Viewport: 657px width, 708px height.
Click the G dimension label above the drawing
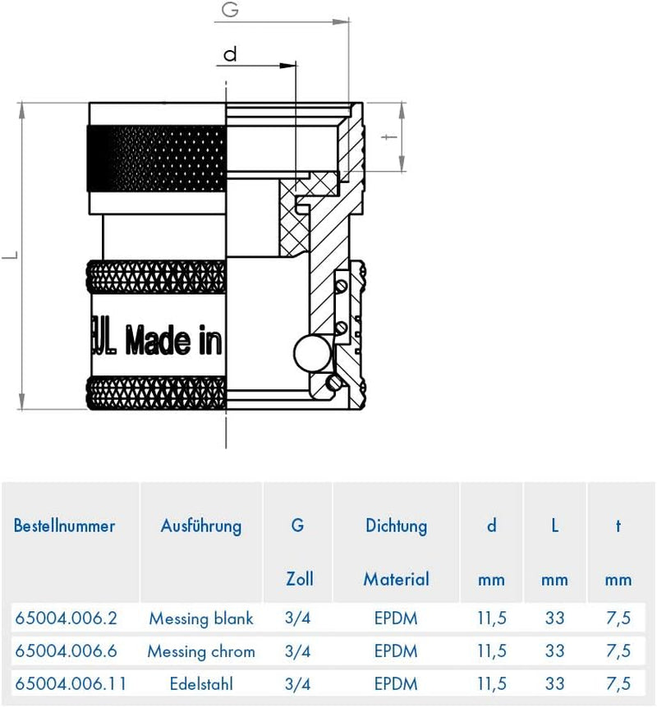pyautogui.click(x=231, y=12)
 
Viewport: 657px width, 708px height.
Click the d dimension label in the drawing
pyautogui.click(x=230, y=54)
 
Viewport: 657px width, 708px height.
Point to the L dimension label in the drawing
pyautogui.click(x=9, y=257)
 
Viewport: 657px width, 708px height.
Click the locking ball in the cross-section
pyautogui.click(x=310, y=354)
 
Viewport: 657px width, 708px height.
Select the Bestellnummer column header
pyautogui.click(x=64, y=526)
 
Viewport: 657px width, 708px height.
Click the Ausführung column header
pyautogui.click(x=201, y=526)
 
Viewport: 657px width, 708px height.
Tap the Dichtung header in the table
pyautogui.click(x=396, y=526)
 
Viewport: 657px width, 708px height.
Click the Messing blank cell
pyautogui.click(x=201, y=618)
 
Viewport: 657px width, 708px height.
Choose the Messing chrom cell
pyautogui.click(x=201, y=651)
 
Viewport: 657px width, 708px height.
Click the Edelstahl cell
pyautogui.click(x=201, y=683)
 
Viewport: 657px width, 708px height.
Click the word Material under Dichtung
pyautogui.click(x=396, y=579)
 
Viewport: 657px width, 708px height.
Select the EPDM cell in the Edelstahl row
pyautogui.click(x=396, y=683)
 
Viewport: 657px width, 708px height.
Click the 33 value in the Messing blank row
pyautogui.click(x=554, y=618)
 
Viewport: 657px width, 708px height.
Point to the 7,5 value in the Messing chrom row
pyautogui.click(x=618, y=651)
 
